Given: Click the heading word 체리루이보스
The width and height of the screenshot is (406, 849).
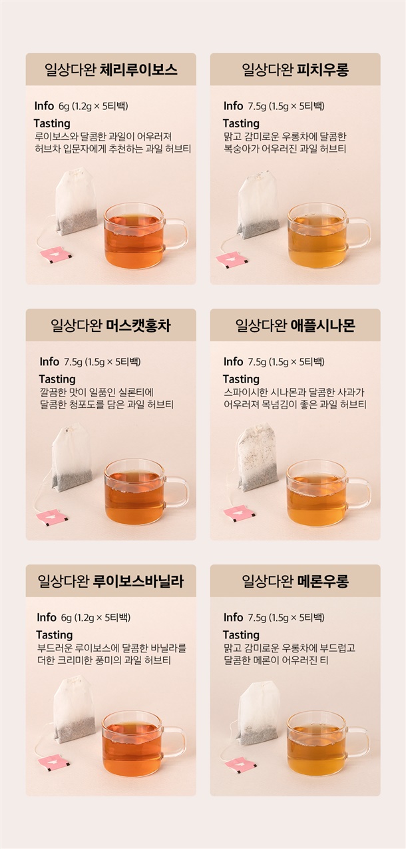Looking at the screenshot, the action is click(138, 69).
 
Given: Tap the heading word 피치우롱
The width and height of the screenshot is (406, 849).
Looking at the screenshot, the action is click(323, 69).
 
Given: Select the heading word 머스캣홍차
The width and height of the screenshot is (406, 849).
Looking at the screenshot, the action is click(138, 325).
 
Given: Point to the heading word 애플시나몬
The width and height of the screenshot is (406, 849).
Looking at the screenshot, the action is click(323, 325).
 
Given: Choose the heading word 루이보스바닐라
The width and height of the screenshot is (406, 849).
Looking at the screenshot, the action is click(138, 581).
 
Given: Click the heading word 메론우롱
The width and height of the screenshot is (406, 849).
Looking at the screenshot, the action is click(323, 581).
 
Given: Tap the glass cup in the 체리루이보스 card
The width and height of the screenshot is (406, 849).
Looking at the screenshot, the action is click(145, 236).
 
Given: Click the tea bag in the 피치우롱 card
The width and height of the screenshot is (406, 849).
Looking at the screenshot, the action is click(258, 205).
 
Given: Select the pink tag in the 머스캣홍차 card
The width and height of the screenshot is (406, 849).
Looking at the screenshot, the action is click(52, 517).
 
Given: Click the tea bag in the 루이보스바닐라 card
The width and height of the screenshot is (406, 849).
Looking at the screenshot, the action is click(74, 710).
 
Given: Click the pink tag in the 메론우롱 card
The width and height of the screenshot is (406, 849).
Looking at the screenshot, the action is click(241, 765).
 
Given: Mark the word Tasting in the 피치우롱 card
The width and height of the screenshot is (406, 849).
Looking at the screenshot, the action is click(241, 123).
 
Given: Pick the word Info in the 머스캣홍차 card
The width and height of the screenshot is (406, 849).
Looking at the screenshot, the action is click(49, 362).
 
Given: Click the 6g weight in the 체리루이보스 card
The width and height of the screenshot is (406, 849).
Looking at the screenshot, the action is click(64, 106).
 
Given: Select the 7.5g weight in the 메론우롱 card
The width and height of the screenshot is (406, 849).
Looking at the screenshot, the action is click(257, 618).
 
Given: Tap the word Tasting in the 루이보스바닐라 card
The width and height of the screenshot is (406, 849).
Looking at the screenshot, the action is click(55, 635).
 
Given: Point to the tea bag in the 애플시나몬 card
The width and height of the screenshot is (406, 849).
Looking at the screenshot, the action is click(258, 457).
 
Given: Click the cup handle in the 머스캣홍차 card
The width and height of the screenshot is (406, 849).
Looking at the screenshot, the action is click(177, 492).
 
